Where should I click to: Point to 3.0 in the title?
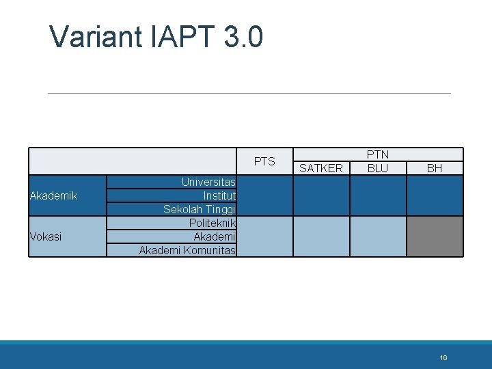pyautogui.click(x=242, y=37)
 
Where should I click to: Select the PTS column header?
pyautogui.click(x=264, y=162)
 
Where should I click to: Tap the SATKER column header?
pyautogui.click(x=321, y=168)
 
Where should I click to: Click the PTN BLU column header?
pyautogui.click(x=377, y=162)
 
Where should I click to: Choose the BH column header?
pyautogui.click(x=435, y=168)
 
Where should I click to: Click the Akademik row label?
pyautogui.click(x=54, y=196)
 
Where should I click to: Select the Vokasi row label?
pyautogui.click(x=46, y=236)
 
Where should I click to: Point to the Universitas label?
pyautogui.click(x=208, y=182)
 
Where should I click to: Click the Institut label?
pyautogui.click(x=219, y=196)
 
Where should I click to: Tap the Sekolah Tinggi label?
pyautogui.click(x=200, y=209)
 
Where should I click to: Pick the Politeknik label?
pyautogui.click(x=213, y=223)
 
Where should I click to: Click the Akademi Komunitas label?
pyautogui.click(x=187, y=250)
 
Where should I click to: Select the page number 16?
pyautogui.click(x=443, y=357)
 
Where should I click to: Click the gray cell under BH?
pyautogui.click(x=435, y=236)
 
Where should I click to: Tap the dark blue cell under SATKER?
pyautogui.click(x=321, y=196)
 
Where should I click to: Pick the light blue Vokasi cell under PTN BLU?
pyautogui.click(x=377, y=236)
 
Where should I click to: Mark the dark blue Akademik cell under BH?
pyautogui.click(x=435, y=196)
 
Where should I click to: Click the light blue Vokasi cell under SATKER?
pyautogui.click(x=321, y=236)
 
